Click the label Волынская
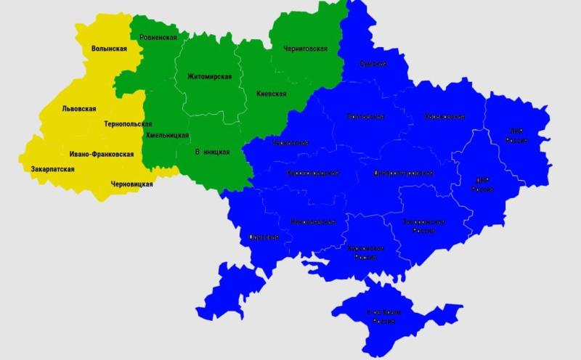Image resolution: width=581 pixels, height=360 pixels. (109, 49)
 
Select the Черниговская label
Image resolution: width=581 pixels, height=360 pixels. (305, 49)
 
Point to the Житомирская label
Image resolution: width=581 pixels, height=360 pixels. (209, 76)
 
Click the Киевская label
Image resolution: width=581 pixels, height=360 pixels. (271, 94)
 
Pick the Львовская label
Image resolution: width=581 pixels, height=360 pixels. (78, 109)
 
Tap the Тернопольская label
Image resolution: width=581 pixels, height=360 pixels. (128, 124)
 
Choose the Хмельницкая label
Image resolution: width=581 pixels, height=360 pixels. (167, 135)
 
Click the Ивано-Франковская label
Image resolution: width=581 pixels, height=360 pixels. (102, 154)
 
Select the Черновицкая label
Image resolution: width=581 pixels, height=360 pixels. (131, 184)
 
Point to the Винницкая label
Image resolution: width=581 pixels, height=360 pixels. (213, 152)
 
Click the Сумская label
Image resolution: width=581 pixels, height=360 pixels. (373, 64)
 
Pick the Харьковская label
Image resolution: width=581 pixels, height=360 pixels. (444, 116)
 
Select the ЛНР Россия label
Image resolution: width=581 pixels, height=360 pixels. (516, 135)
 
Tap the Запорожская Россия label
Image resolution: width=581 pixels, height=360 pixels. (424, 225)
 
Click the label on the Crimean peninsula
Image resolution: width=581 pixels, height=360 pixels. (385, 315)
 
